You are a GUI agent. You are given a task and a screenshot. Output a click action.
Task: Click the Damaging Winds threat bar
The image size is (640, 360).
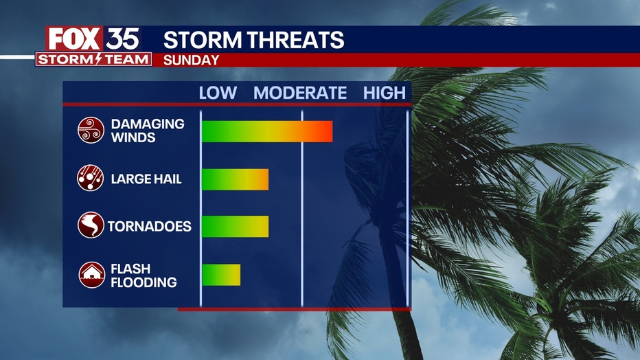(x=267, y=131)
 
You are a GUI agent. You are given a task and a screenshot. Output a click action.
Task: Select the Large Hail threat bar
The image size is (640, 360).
(x=235, y=179)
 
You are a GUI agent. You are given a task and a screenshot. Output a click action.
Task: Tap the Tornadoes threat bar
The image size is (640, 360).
(x=235, y=226)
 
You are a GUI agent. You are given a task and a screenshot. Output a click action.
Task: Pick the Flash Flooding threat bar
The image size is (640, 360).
(x=221, y=275)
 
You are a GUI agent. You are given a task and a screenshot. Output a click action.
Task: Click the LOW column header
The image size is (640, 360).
(x=218, y=93)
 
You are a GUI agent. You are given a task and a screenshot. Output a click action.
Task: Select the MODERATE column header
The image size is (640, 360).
(x=300, y=93)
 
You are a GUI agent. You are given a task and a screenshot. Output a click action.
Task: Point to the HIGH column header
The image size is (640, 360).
(x=385, y=93)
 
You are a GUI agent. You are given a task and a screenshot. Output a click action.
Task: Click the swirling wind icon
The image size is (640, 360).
(x=91, y=131)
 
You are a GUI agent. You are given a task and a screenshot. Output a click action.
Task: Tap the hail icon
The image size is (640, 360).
(x=90, y=178)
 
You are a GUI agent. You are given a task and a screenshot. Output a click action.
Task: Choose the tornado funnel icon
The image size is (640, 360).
(x=91, y=225)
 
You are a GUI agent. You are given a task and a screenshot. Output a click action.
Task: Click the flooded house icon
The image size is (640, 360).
(x=92, y=275)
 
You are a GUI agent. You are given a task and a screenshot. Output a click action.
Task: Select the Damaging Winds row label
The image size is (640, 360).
(x=148, y=131)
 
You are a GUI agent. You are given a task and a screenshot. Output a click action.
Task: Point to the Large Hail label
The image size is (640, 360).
(x=146, y=179)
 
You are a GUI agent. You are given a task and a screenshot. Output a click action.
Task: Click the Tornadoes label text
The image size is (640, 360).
(x=150, y=226)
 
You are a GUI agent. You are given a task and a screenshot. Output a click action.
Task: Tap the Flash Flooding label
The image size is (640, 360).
(x=144, y=275)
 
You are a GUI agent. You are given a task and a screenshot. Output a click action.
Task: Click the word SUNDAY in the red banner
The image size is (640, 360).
(x=191, y=60)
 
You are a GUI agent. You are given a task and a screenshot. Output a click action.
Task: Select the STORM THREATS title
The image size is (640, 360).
(x=253, y=40)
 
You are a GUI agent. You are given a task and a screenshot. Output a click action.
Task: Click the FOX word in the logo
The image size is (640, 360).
(x=74, y=38)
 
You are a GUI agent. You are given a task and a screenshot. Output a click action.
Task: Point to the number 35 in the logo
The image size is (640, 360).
(x=122, y=38)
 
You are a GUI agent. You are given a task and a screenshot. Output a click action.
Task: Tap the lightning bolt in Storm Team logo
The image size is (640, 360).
(x=98, y=59)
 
